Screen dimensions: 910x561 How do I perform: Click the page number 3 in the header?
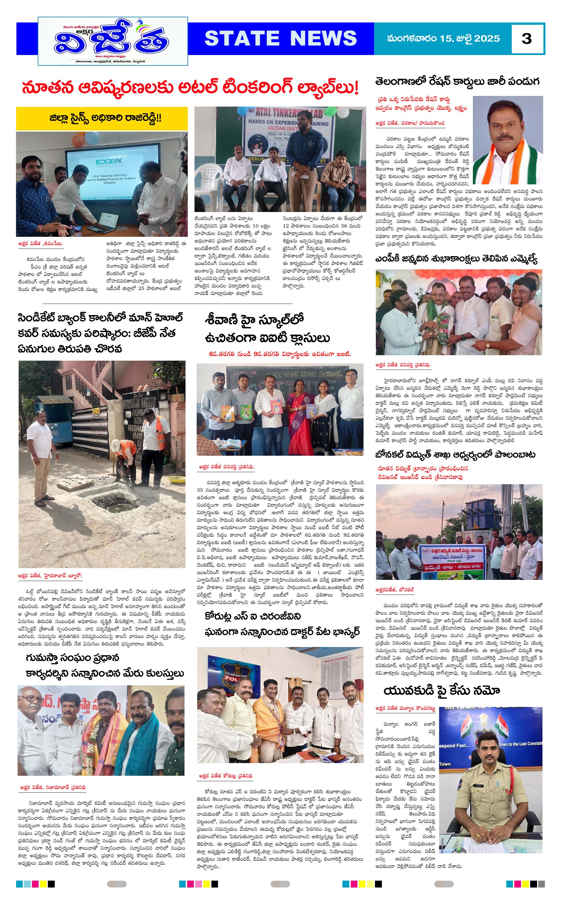click(x=526, y=39)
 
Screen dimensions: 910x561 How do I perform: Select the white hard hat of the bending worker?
click(x=116, y=444)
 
